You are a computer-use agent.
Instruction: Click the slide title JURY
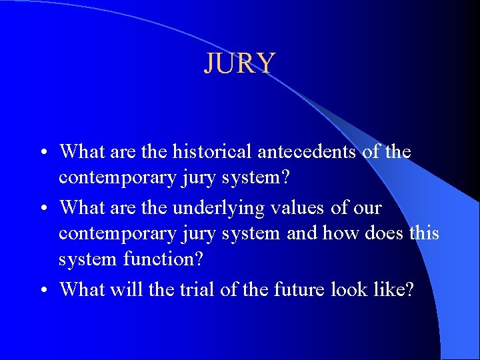[x=239, y=63]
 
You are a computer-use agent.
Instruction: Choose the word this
[x=425, y=233]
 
